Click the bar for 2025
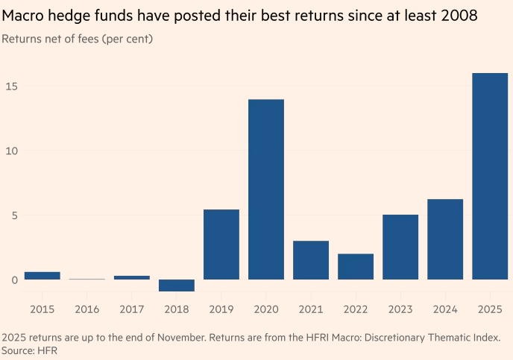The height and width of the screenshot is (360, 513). (x=490, y=176)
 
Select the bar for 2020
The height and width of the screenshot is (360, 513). (x=266, y=189)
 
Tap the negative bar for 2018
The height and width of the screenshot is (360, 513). (x=177, y=285)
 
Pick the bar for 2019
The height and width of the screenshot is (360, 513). (x=221, y=244)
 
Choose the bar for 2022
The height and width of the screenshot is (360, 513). (x=356, y=267)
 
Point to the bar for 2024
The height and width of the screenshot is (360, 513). (x=445, y=239)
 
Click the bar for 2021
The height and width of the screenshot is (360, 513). (x=311, y=260)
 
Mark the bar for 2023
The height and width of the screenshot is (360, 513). (x=400, y=247)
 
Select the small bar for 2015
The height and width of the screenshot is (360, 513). (x=43, y=276)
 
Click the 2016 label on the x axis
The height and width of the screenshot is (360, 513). (x=87, y=309)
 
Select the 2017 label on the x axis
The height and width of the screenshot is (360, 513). (x=132, y=309)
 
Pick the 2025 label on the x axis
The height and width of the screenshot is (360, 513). (x=490, y=309)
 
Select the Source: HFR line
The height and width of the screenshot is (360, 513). (x=31, y=350)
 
